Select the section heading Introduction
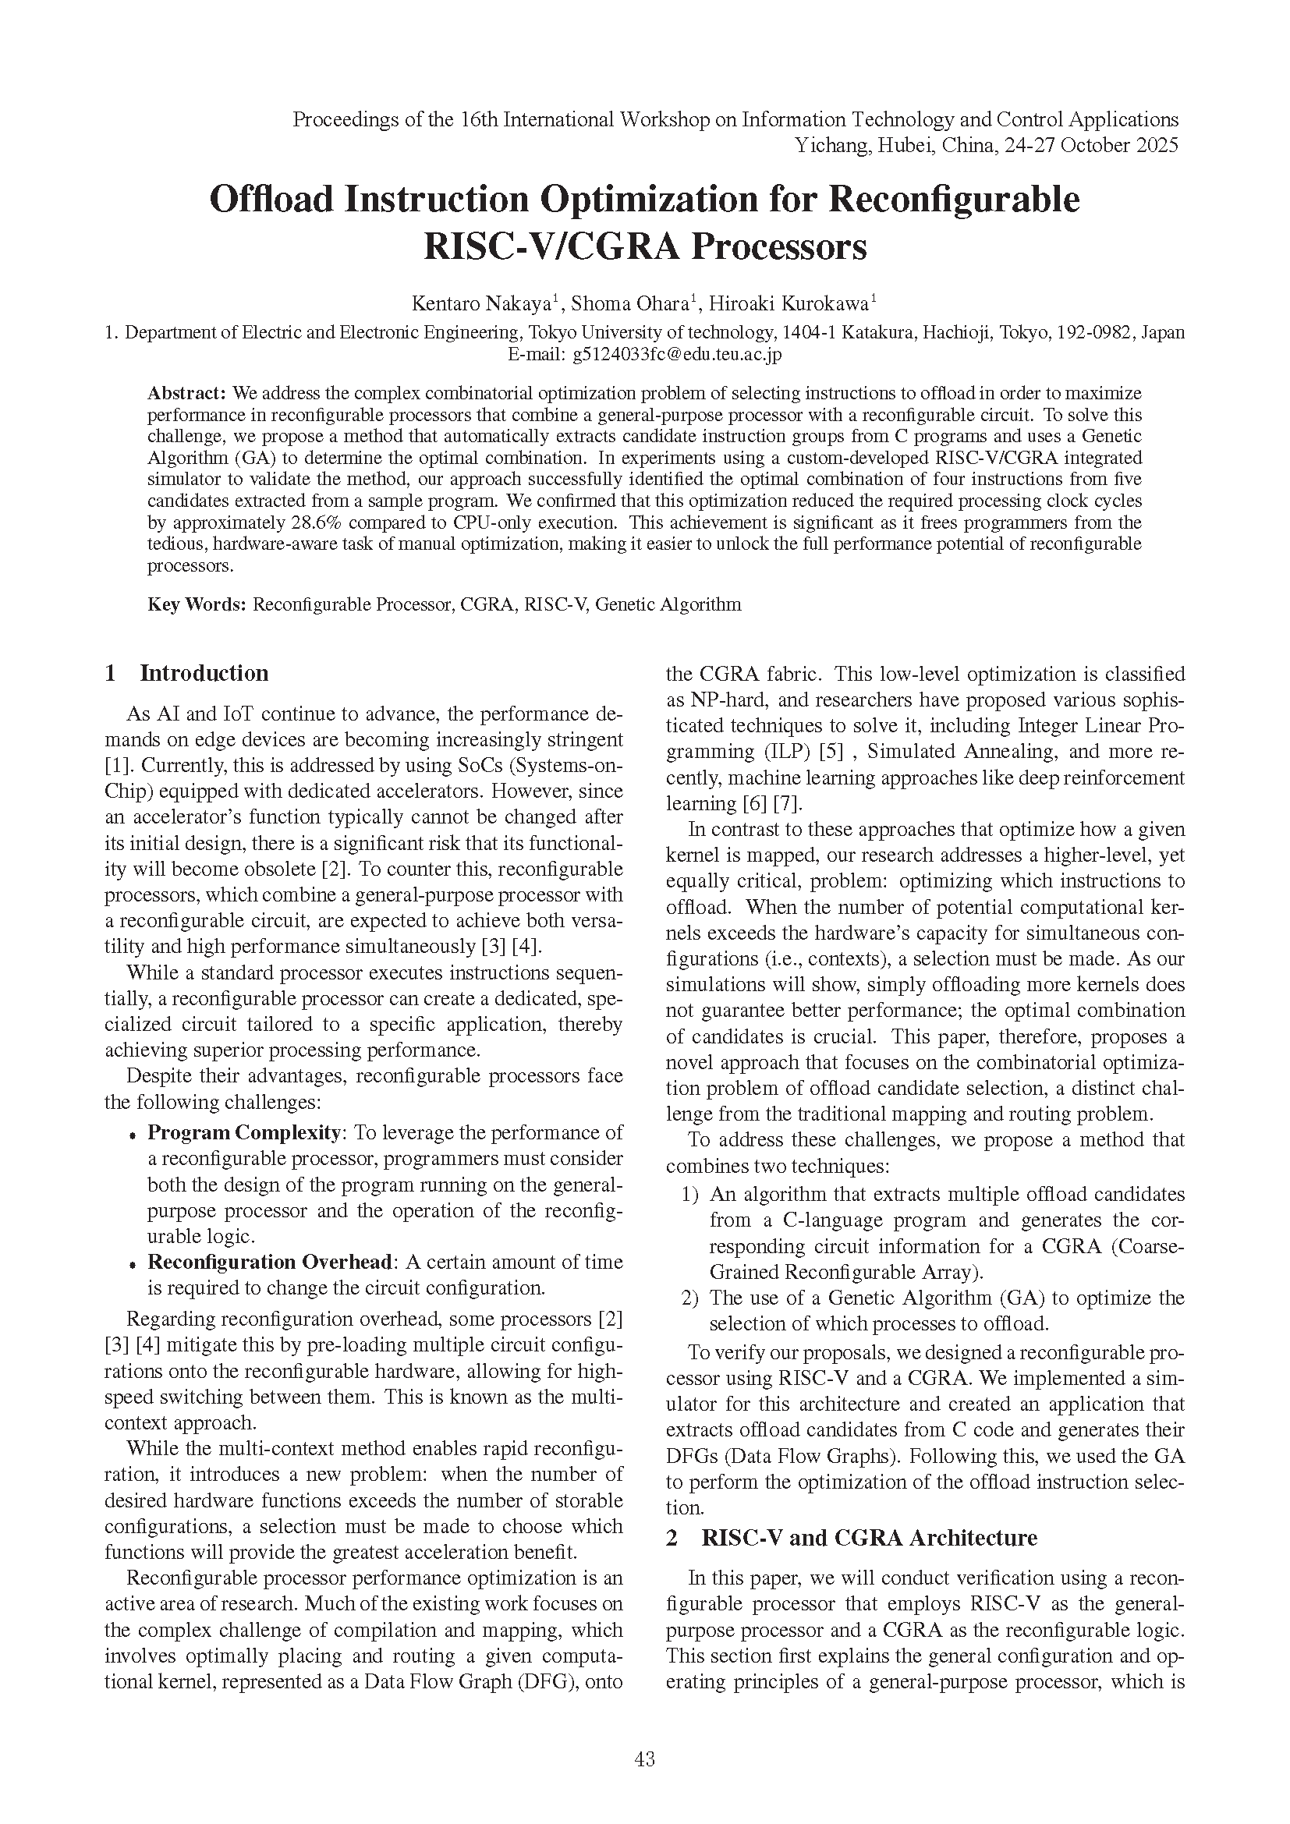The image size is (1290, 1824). pyautogui.click(x=204, y=673)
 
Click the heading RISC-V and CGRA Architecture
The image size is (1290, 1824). pyautogui.click(x=869, y=1537)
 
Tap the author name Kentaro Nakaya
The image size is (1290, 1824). pyautogui.click(x=481, y=304)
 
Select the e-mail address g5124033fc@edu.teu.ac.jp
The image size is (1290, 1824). pyautogui.click(x=677, y=354)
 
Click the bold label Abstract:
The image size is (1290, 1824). pyautogui.click(x=187, y=393)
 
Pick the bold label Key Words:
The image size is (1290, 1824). pyautogui.click(x=197, y=604)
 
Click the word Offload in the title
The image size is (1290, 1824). pyautogui.click(x=271, y=199)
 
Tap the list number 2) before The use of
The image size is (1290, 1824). pyautogui.click(x=689, y=1298)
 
